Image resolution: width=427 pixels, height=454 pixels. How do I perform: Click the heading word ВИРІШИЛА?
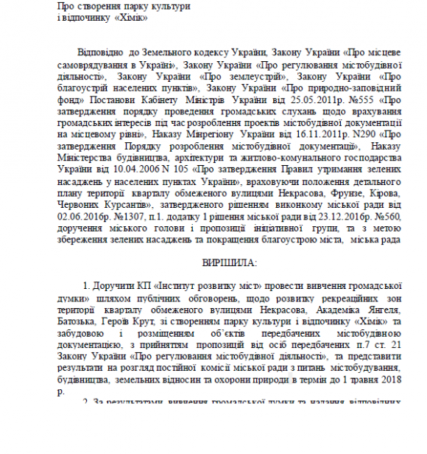point(226,263)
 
